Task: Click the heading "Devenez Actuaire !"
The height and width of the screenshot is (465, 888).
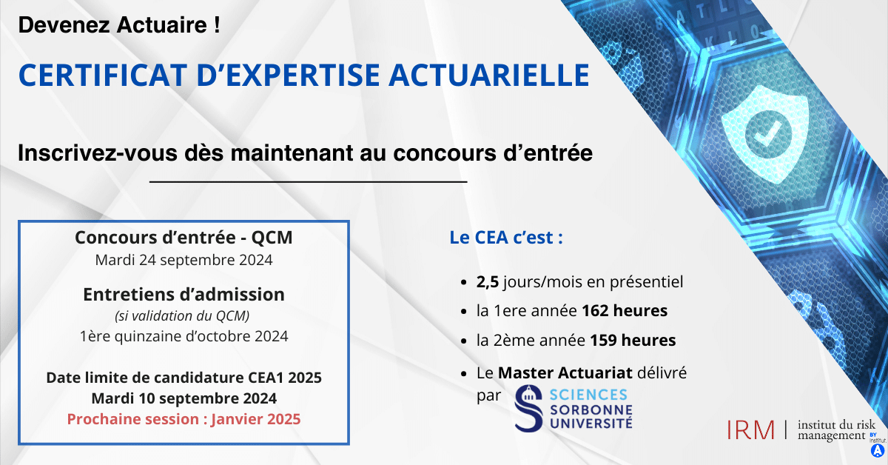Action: click(x=118, y=26)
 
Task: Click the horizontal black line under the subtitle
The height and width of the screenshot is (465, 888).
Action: click(x=308, y=181)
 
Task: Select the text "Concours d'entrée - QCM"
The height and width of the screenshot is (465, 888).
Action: click(x=184, y=238)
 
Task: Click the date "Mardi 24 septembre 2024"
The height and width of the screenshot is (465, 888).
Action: click(x=184, y=260)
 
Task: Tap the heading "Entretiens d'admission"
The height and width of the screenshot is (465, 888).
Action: click(x=184, y=294)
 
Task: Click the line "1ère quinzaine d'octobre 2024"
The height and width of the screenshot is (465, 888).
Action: click(x=184, y=335)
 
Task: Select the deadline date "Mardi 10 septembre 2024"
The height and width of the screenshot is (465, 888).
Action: click(x=184, y=398)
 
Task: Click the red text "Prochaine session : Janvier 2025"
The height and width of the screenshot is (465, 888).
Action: click(x=184, y=418)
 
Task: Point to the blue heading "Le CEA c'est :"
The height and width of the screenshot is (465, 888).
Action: click(x=507, y=238)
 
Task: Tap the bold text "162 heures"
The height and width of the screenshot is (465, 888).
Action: click(x=625, y=311)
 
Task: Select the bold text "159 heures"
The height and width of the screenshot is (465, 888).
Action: click(x=633, y=341)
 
